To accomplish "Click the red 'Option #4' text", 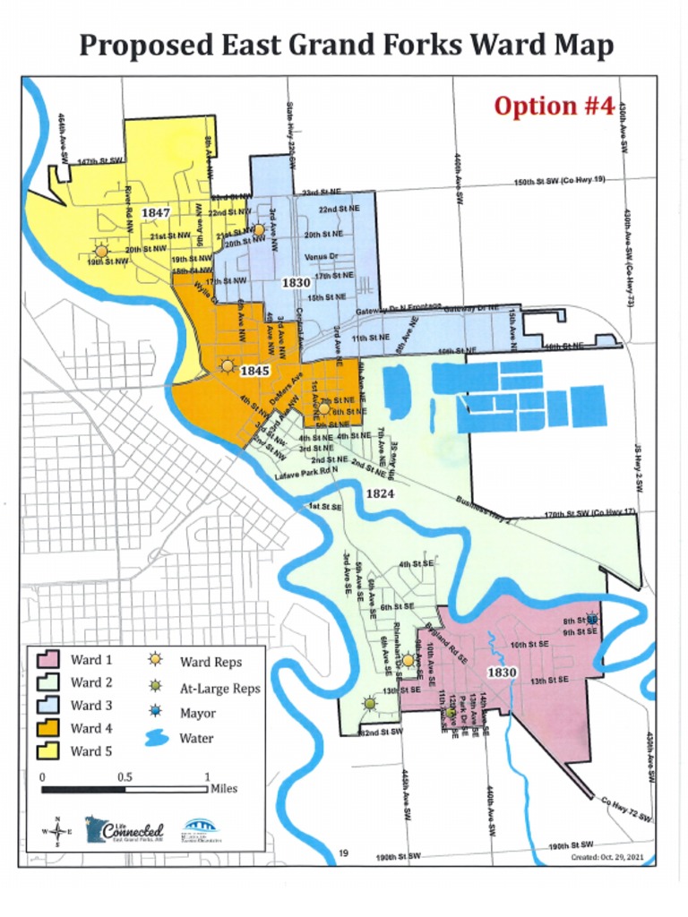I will pos(554,106).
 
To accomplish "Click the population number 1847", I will pos(155,214).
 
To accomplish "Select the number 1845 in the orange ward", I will pos(254,370).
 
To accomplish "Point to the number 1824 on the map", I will pos(380,493).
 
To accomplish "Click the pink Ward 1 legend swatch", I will pos(47,661).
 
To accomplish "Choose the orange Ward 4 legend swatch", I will pos(47,728).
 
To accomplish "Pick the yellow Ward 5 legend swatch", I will pos(47,750).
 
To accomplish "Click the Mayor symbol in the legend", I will pos(156,713).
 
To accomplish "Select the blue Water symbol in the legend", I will pos(156,739).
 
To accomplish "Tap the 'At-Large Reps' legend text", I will pos(219,689).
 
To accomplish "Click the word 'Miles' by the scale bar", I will pos(224,789).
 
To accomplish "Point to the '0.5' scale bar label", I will pos(125,776).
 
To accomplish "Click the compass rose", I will pos(57,831).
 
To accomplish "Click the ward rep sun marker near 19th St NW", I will pos(100,252).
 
